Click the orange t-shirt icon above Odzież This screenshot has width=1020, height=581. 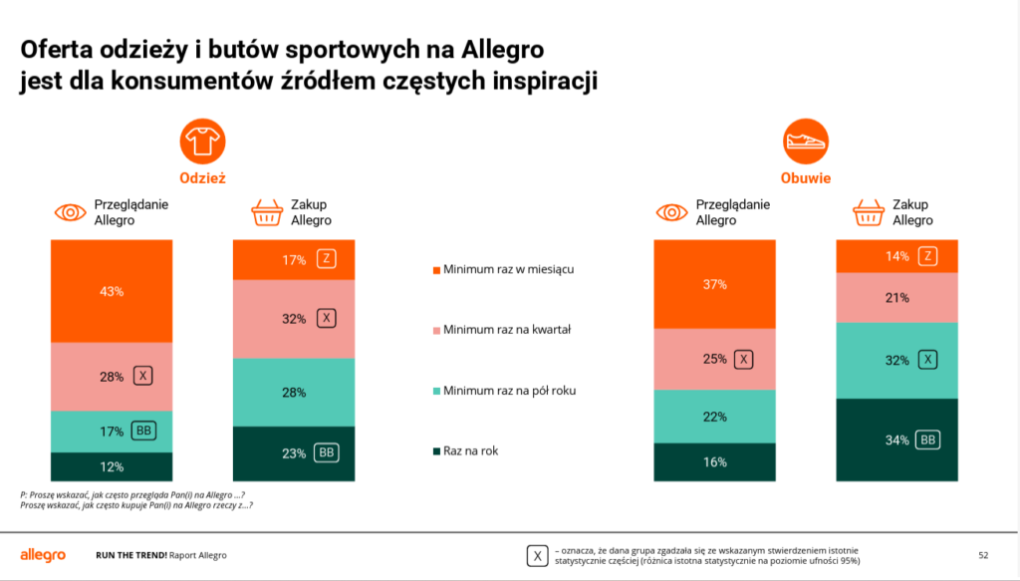click(202, 144)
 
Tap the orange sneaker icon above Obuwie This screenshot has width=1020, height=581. click(806, 144)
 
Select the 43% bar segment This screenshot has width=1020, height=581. click(111, 291)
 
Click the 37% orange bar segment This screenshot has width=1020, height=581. click(714, 284)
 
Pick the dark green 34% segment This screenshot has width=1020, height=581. click(896, 439)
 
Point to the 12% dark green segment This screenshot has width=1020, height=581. click(111, 466)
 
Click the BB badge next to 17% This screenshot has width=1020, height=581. click(144, 432)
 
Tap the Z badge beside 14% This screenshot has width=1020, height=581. click(927, 256)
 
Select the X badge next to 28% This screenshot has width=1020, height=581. click(144, 377)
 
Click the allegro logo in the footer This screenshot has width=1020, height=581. click(43, 554)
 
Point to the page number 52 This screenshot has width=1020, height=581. click(983, 555)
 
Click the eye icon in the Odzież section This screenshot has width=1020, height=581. click(70, 212)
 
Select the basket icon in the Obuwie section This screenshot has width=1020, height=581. click(869, 212)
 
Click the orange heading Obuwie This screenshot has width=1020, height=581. click(806, 178)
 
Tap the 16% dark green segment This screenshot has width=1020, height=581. click(714, 462)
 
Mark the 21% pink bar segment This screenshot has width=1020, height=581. click(896, 297)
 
